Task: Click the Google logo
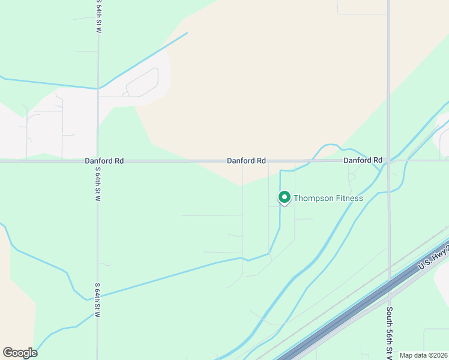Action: (20, 353)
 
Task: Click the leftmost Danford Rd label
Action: (104, 161)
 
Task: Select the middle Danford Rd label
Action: (246, 161)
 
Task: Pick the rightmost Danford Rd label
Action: (363, 160)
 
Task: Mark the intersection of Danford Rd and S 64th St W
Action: (98, 161)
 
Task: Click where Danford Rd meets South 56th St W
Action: (389, 161)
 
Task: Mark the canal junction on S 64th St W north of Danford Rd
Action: (98, 89)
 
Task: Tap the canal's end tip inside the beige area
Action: (187, 33)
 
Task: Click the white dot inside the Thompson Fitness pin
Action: (284, 197)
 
